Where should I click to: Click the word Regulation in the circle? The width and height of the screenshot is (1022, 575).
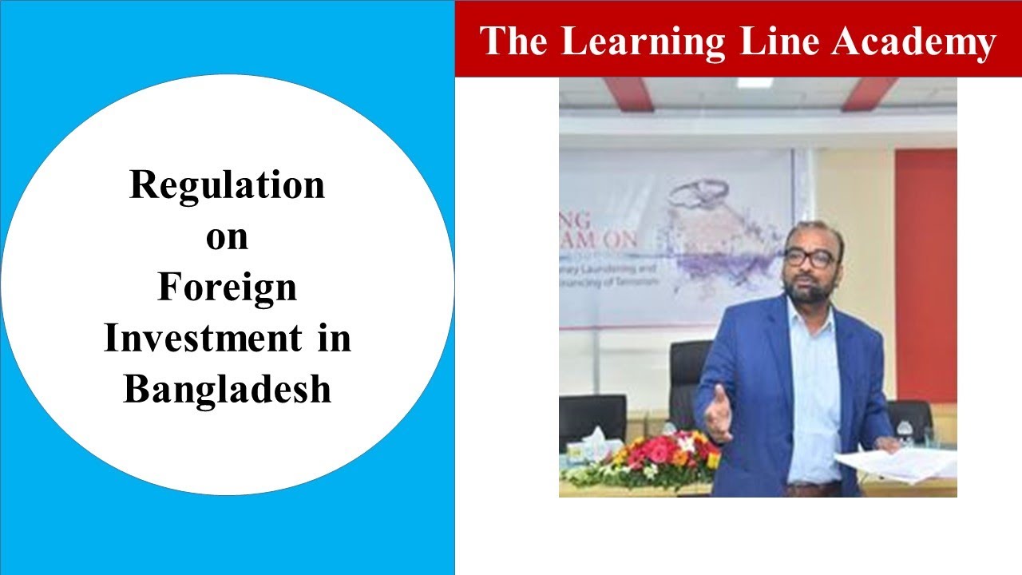pos(228,185)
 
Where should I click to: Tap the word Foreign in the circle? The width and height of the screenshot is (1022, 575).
pos(228,288)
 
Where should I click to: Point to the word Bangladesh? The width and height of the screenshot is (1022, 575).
pos(228,390)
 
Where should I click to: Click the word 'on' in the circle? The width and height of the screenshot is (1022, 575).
pos(228,237)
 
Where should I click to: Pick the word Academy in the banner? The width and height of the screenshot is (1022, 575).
pos(913,42)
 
